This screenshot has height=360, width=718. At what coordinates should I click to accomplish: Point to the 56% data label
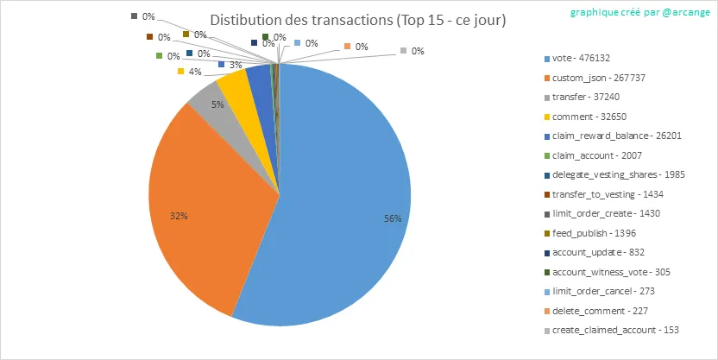pyautogui.click(x=393, y=219)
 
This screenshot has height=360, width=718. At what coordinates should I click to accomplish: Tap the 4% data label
pyautogui.click(x=194, y=72)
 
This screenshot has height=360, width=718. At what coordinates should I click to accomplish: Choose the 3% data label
pyautogui.click(x=235, y=65)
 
